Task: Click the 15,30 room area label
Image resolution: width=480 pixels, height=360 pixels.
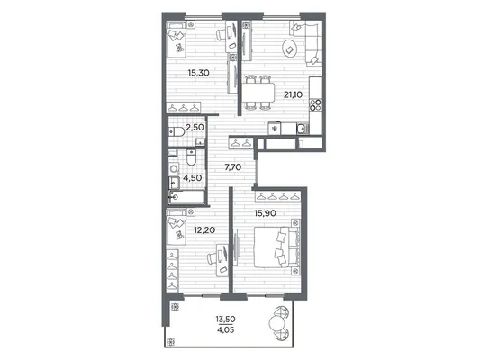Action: [x=199, y=73]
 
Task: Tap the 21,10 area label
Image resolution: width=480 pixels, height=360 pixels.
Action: [x=293, y=94]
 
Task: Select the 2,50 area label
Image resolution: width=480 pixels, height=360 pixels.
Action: [x=195, y=127]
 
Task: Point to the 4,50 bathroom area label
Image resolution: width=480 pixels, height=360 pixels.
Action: [x=192, y=177]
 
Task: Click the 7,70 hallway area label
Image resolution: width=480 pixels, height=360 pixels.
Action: [x=233, y=167]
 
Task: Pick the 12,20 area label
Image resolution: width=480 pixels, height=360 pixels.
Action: [x=204, y=229]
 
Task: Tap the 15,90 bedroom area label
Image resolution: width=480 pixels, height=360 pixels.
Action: [x=265, y=213]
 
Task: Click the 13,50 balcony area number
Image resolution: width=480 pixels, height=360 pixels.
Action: [x=226, y=319]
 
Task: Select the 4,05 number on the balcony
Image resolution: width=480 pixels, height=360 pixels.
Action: [x=226, y=330]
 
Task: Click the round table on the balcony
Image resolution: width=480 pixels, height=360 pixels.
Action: [x=276, y=322]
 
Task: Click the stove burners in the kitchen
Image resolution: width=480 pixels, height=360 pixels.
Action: [x=315, y=104]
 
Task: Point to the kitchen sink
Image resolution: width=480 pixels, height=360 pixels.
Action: [x=303, y=129]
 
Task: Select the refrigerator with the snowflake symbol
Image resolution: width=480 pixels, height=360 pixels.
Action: [x=275, y=129]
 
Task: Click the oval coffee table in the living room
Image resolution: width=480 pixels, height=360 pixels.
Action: [x=290, y=49]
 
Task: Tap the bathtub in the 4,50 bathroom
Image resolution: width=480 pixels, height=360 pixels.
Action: [x=186, y=197]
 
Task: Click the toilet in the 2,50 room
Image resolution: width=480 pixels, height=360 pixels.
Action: [x=177, y=131]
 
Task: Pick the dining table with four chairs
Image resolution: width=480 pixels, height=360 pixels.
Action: [x=258, y=93]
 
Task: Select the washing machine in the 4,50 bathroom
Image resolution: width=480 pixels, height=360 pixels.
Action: [x=174, y=169]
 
